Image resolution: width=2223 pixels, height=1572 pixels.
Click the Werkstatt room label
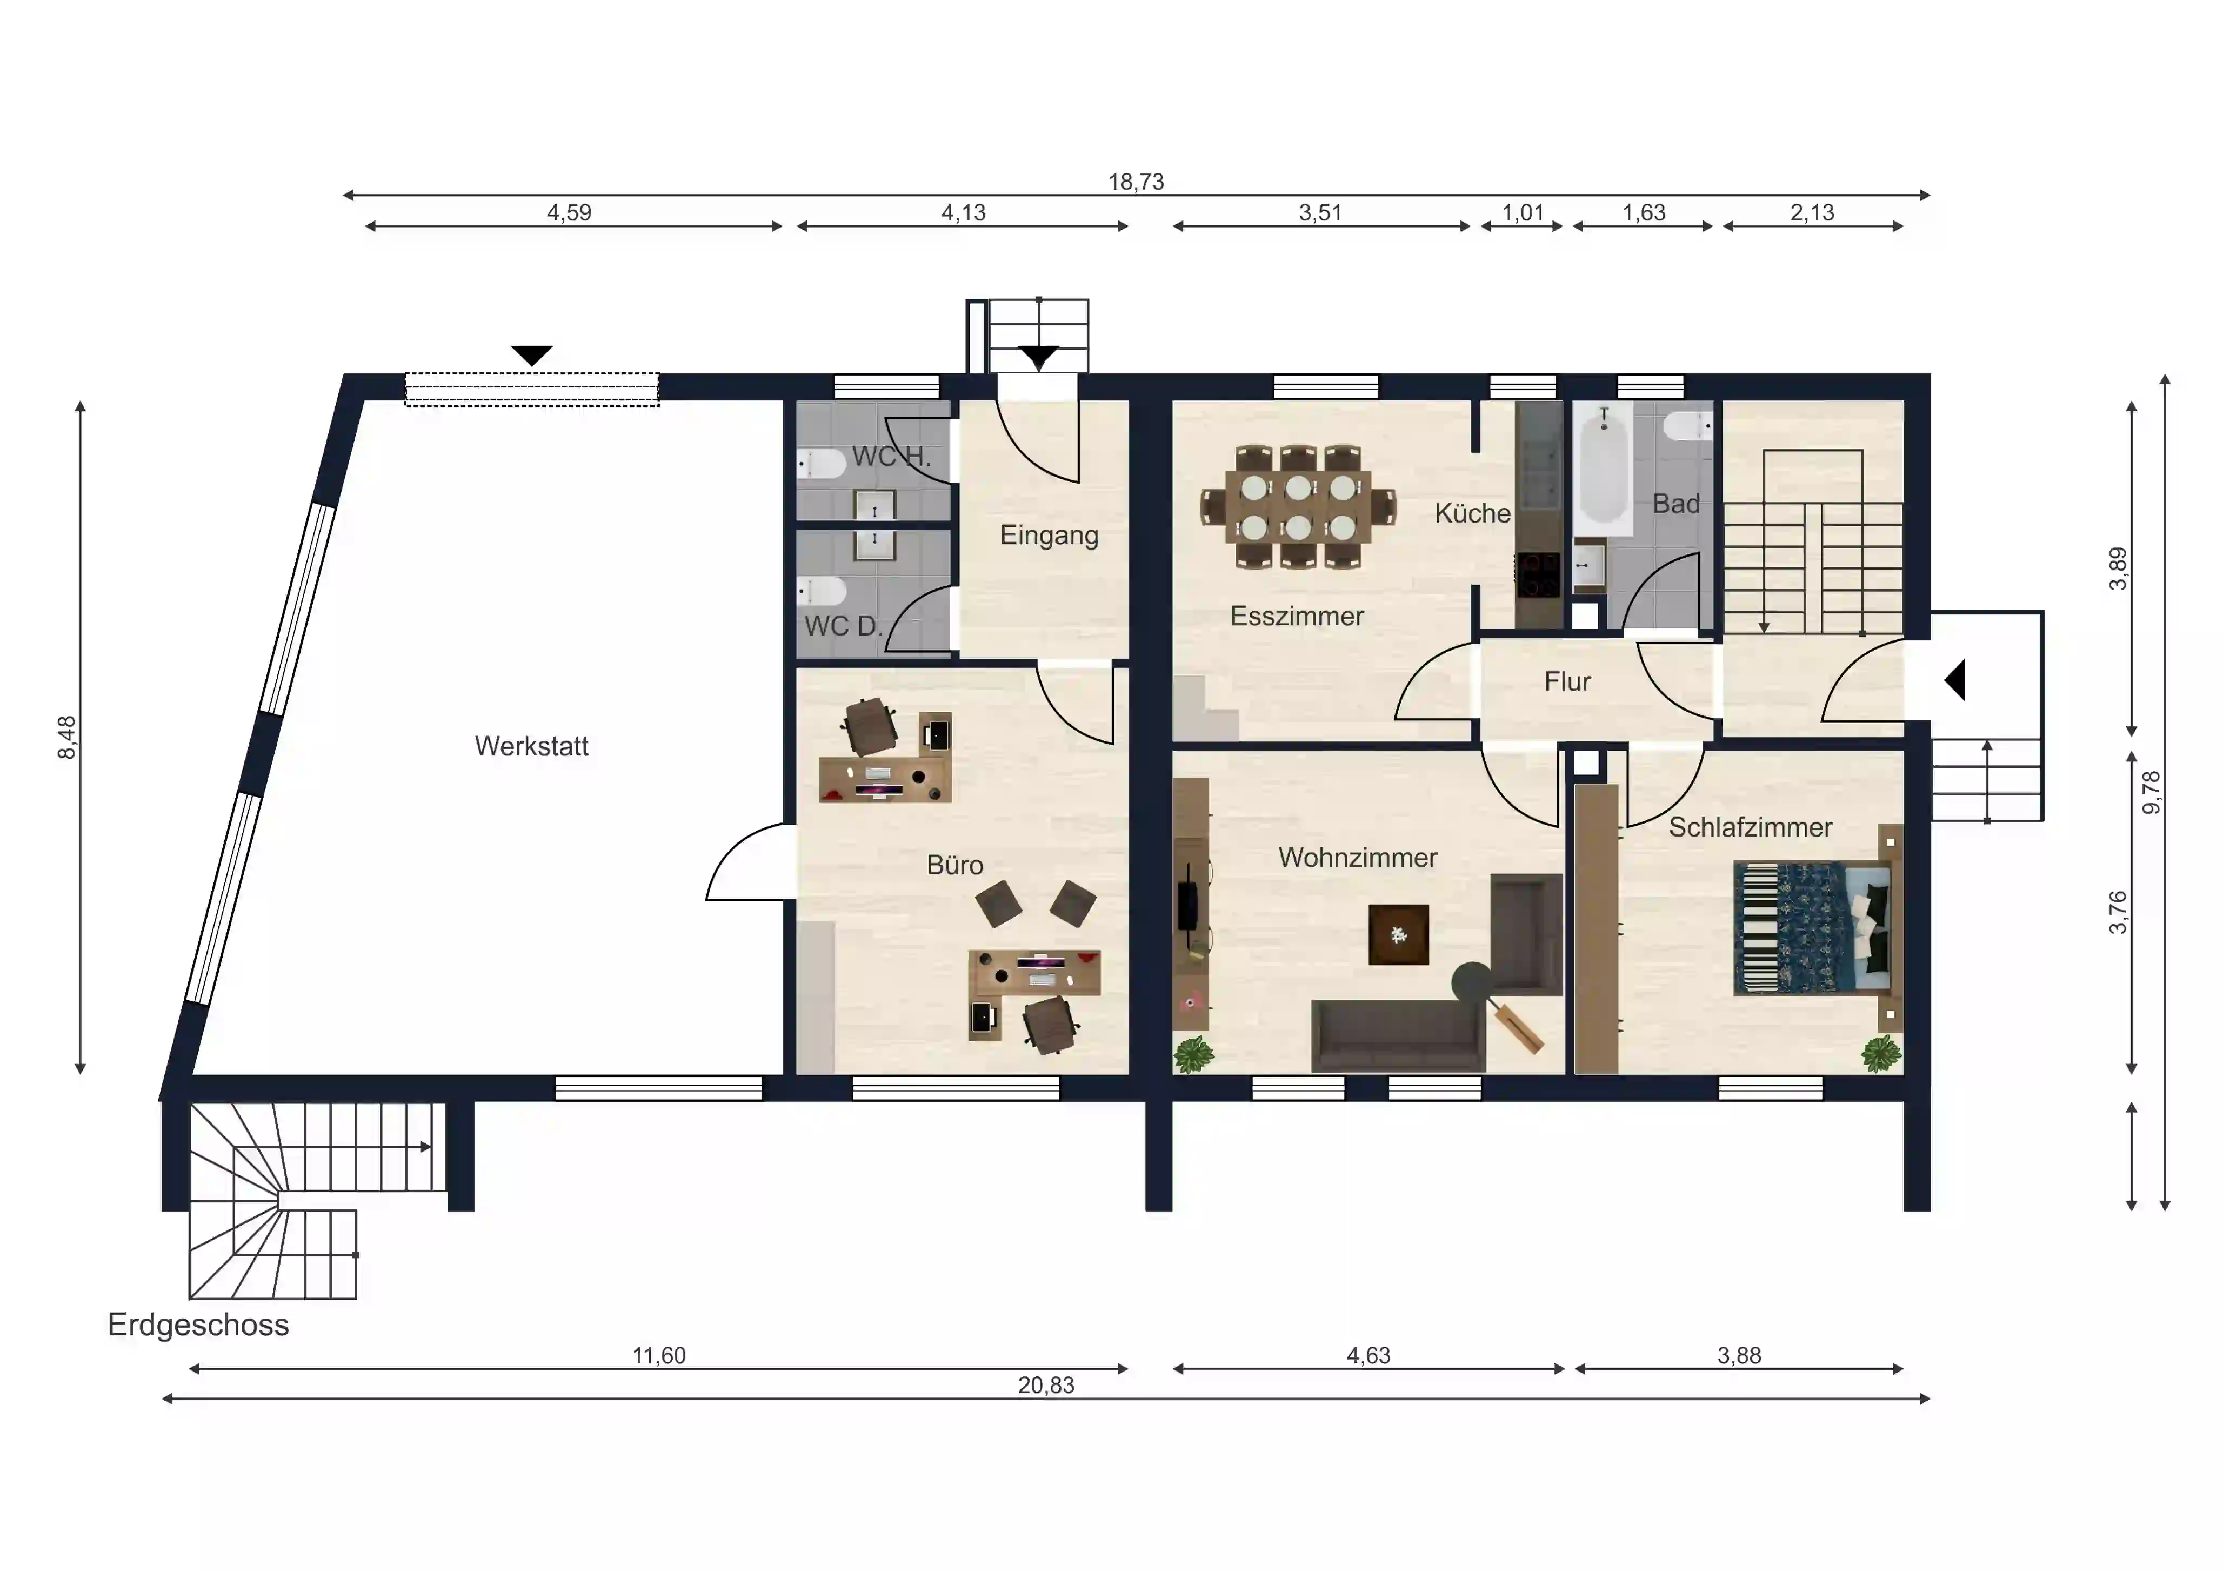[x=531, y=746]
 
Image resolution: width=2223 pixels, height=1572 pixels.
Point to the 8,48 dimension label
[x=67, y=738]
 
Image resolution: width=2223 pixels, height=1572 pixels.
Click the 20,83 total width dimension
[x=1046, y=1385]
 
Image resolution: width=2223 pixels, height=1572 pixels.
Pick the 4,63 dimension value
[x=1368, y=1355]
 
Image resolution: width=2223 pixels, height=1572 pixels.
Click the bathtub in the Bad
[x=1604, y=465]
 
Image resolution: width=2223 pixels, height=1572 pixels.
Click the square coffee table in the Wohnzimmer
[x=1398, y=934]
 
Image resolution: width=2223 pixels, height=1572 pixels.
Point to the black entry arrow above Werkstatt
[x=531, y=355]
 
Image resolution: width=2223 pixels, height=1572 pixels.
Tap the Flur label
[x=1567, y=681]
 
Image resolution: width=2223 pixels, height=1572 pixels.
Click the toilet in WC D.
[x=821, y=591]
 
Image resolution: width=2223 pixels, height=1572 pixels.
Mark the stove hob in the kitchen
[x=1538, y=575]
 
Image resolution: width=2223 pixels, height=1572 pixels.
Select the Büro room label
[x=954, y=865]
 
